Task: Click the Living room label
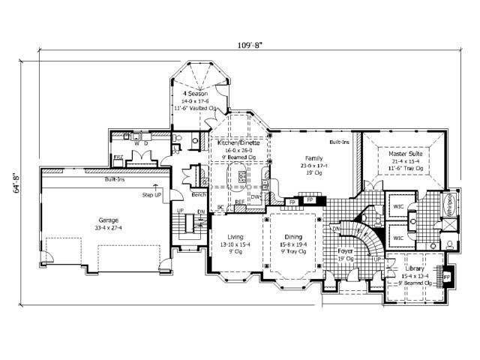pos(236,238)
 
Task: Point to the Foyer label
pos(345,252)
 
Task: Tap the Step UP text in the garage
pos(153,194)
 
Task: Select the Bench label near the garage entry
pos(199,194)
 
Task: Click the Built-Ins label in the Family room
pos(339,142)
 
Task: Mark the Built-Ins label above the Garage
pos(114,180)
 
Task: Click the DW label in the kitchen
pos(255,197)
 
